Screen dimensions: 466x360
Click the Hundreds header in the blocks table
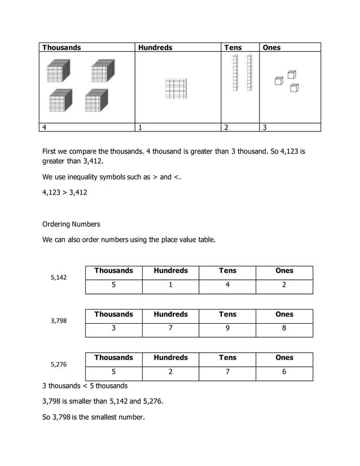[x=155, y=47]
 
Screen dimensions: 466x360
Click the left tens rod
[x=235, y=73]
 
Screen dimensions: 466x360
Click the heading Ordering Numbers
[x=71, y=224]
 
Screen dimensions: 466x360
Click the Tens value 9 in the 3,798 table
[x=227, y=328]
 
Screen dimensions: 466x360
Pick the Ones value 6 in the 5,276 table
[x=284, y=372]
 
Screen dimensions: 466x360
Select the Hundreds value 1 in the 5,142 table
[x=170, y=285]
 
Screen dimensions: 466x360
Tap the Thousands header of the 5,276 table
[x=113, y=358]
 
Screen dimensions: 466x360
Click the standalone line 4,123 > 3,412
[x=65, y=192]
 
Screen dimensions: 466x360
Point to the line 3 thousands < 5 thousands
[x=85, y=386]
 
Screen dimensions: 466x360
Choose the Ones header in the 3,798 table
[x=284, y=314]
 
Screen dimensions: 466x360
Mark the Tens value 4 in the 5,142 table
[x=227, y=285]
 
